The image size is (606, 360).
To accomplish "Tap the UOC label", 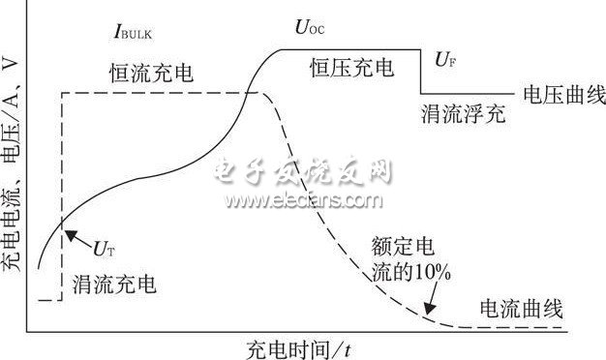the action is click(309, 28).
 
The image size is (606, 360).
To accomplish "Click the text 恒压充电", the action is click(351, 68).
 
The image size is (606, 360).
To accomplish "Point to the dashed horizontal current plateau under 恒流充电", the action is click(155, 93).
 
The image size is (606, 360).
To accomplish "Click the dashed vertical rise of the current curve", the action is click(63, 194).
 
